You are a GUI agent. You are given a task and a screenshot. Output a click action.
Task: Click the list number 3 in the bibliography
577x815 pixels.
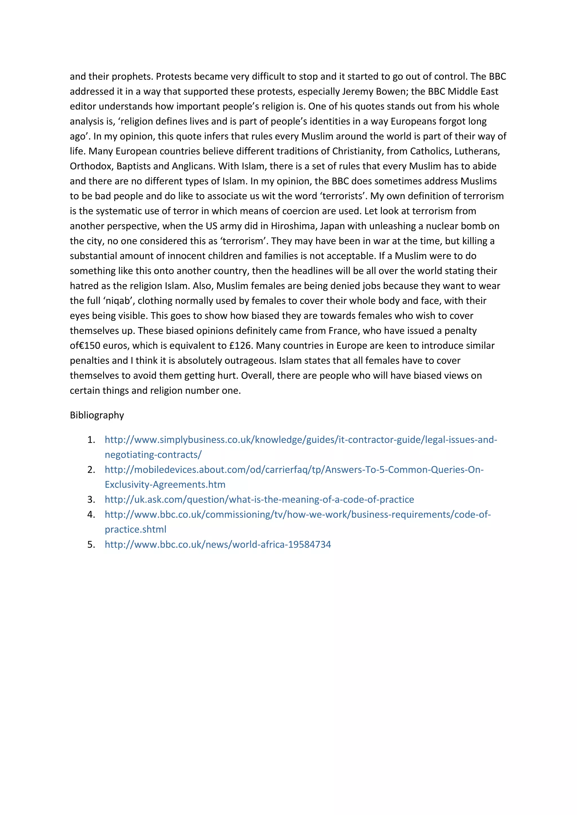click(x=91, y=500)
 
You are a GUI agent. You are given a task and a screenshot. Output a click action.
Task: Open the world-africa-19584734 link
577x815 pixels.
click(x=218, y=544)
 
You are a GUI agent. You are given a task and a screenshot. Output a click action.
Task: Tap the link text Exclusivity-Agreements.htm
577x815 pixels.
click(x=165, y=485)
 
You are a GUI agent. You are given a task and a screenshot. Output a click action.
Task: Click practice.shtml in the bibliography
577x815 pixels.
click(x=135, y=529)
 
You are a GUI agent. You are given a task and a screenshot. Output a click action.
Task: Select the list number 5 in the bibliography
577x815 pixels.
click(x=91, y=544)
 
